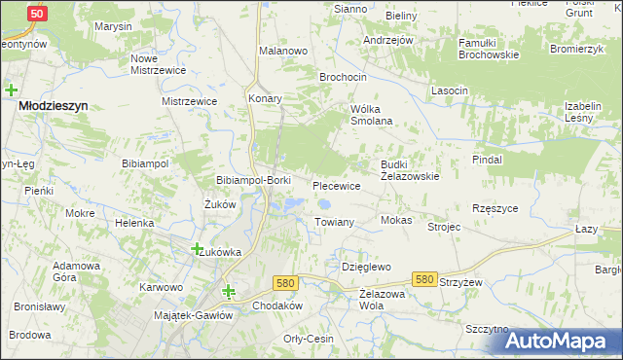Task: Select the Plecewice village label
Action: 336,185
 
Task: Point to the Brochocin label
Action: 343,76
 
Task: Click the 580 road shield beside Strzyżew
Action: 423,279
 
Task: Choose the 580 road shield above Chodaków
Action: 284,283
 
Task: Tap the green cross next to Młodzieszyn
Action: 11,90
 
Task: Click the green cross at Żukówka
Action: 197,248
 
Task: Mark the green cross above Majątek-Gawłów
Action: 229,290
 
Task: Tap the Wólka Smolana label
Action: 371,115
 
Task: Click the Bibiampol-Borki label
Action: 253,181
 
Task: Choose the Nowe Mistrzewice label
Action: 158,64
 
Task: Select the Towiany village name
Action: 334,223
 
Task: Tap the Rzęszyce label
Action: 495,208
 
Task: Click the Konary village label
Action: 265,99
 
